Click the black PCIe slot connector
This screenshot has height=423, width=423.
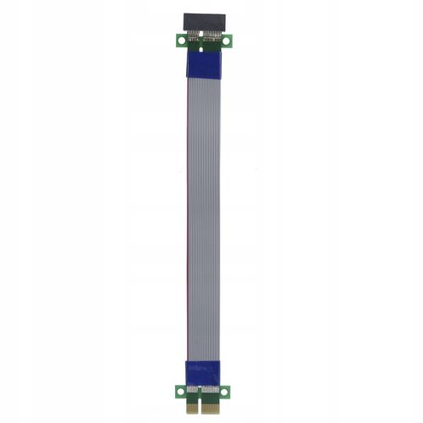pyautogui.click(x=204, y=21)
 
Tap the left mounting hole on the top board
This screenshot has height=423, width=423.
pyautogui.click(x=181, y=40)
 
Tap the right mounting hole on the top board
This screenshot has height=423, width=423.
pyautogui.click(x=226, y=41)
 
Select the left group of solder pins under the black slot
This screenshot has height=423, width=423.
pyautogui.click(x=194, y=36)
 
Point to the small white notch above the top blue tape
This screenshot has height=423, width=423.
pyautogui.click(x=201, y=49)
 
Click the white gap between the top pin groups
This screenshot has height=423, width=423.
pyautogui.click(x=201, y=34)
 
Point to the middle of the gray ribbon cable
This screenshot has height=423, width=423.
pyautogui.click(x=203, y=211)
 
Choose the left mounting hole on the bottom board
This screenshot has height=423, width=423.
pyautogui.click(x=180, y=392)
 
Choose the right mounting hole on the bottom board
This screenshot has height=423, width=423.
pyautogui.click(x=224, y=392)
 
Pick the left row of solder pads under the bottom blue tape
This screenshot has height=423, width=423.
pyautogui.click(x=192, y=389)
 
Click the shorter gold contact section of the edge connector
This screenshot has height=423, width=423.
pyautogui.click(x=192, y=408)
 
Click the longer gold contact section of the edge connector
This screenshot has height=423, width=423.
pyautogui.click(x=214, y=408)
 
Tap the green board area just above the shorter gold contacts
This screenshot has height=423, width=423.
pyautogui.click(x=192, y=398)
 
